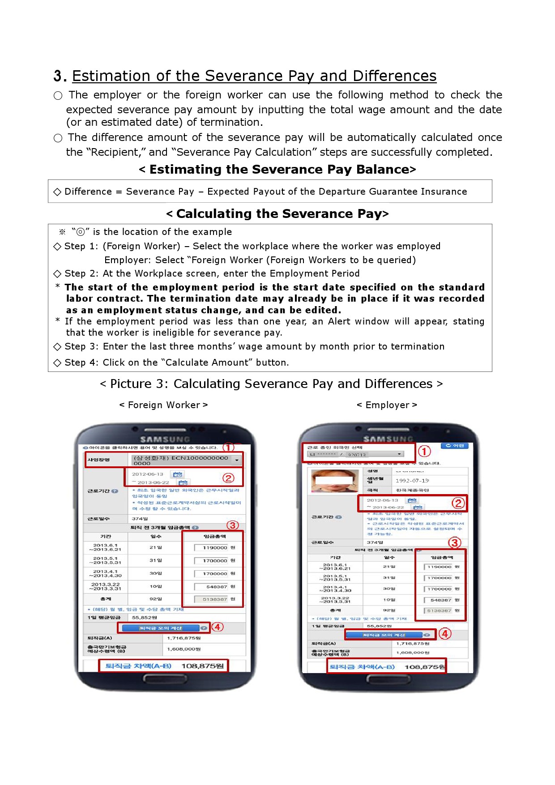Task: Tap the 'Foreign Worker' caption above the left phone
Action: (x=164, y=405)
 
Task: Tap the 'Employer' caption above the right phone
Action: (x=387, y=405)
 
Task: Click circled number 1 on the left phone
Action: (x=228, y=448)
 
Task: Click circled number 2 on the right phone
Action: (x=457, y=503)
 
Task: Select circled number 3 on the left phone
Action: (x=232, y=525)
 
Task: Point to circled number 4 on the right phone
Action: (x=444, y=634)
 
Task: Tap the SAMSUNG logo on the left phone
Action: (x=165, y=439)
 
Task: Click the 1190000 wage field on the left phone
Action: (x=211, y=547)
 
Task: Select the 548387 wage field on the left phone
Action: (x=211, y=586)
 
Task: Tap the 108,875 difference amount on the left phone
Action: (x=202, y=666)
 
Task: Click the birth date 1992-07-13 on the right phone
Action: (x=412, y=480)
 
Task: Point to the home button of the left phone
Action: (x=165, y=678)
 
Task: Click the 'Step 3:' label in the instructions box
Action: (x=81, y=346)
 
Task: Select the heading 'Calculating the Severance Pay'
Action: (x=277, y=214)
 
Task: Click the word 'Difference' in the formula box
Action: (x=88, y=192)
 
